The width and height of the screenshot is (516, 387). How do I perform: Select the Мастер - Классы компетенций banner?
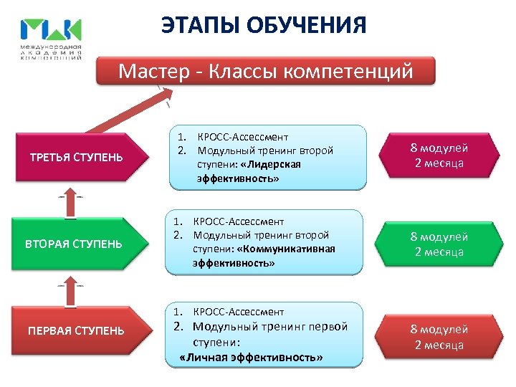(266, 72)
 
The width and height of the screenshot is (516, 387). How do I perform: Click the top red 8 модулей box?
(439, 156)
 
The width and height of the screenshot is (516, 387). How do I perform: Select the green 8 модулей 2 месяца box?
(439, 244)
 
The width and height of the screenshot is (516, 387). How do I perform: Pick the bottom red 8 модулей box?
(439, 337)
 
